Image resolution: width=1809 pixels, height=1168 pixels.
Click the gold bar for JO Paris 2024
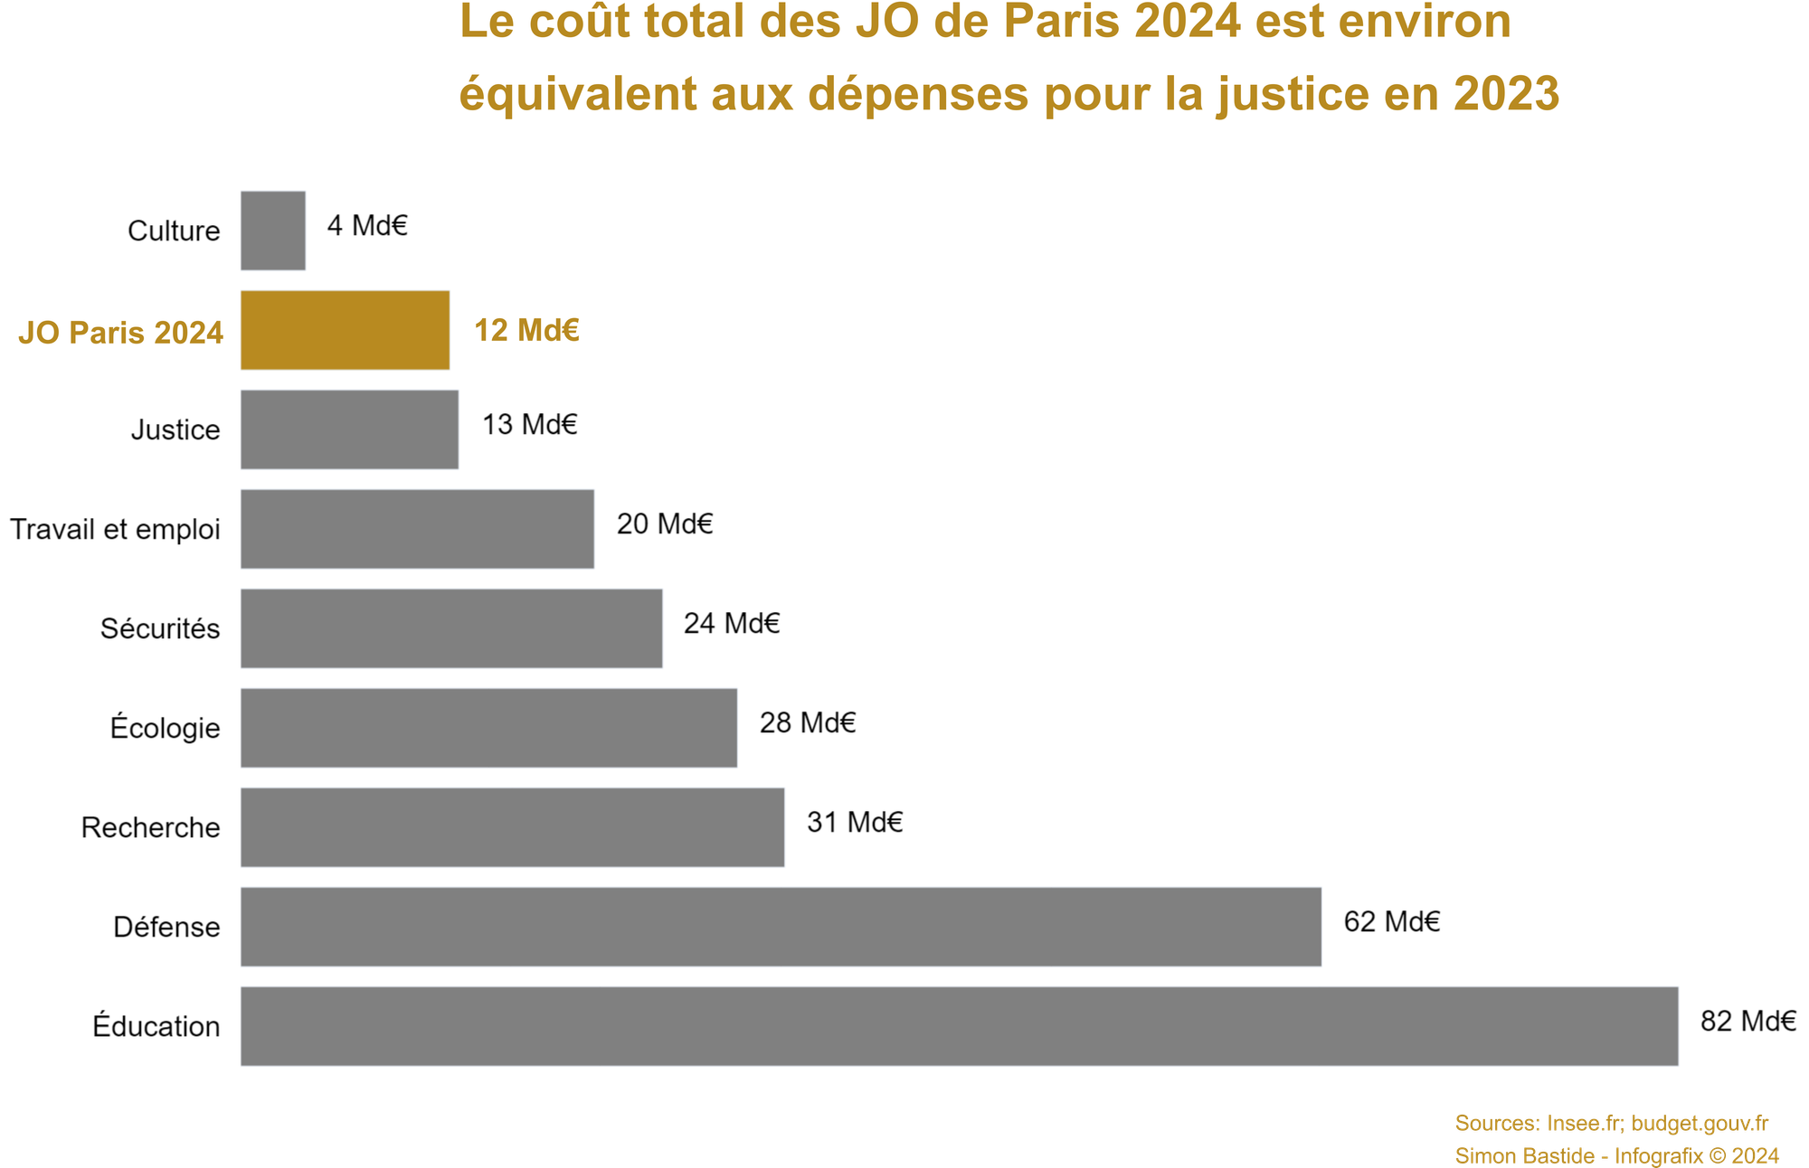345,330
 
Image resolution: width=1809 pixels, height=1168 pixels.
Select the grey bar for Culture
273,231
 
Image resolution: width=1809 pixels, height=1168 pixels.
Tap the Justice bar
349,429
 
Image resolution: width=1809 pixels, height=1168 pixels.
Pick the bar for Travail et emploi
417,529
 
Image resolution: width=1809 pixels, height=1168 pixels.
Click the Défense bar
781,927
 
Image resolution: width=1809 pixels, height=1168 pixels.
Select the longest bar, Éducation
959,1026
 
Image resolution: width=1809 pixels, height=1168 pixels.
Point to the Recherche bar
512,827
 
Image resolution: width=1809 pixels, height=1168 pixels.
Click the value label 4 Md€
367,226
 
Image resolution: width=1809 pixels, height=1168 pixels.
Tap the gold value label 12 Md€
526,331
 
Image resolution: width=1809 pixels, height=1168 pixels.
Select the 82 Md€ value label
1747,1022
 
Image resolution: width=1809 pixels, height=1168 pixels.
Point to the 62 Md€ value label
1391,922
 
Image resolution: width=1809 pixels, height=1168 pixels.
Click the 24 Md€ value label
731,624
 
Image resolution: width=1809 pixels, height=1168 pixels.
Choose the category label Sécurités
160,628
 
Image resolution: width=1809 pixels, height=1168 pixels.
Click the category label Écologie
165,728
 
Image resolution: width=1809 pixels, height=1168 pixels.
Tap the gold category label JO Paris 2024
120,333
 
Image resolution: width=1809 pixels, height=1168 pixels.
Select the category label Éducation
156,1026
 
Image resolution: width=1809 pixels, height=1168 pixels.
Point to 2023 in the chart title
1507,95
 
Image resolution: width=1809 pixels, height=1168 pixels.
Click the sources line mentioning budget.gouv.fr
1611,1124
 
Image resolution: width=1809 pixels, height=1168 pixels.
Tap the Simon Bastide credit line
1616,1155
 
